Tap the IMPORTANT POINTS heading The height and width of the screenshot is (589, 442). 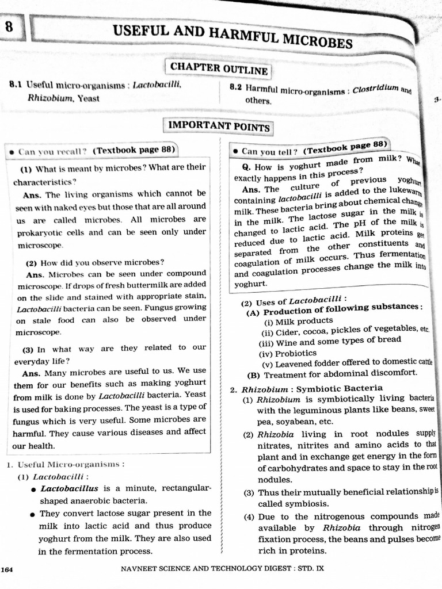219,126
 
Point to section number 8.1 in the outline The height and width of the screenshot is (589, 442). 16,85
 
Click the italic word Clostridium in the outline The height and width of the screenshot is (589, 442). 375,89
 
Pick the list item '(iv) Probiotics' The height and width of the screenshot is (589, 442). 288,353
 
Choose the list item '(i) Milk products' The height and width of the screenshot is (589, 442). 298,320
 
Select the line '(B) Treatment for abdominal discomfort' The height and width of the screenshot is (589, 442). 332,373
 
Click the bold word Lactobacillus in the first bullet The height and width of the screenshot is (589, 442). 67,488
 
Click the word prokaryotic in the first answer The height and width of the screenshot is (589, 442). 36,232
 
